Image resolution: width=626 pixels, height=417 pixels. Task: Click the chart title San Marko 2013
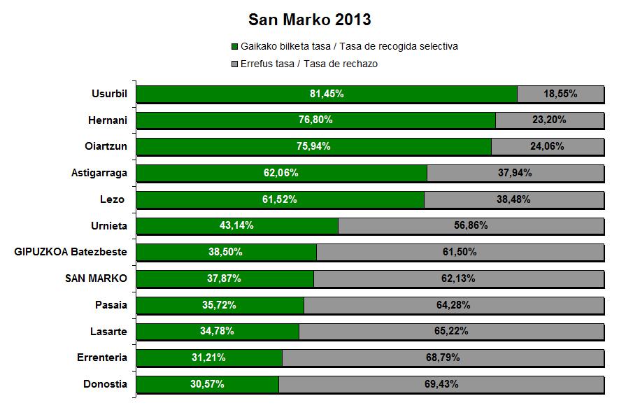click(310, 19)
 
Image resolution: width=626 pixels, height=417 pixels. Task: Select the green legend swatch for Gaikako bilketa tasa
click(234, 47)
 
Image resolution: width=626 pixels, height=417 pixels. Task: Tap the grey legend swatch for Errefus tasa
click(234, 64)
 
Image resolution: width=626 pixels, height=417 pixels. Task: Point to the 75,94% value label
click(314, 146)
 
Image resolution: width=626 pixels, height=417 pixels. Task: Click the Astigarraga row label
click(99, 173)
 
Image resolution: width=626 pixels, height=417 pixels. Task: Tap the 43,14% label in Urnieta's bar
click(237, 225)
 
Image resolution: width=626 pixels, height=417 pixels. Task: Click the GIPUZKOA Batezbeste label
click(71, 252)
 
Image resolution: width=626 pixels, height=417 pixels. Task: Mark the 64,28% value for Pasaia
click(453, 305)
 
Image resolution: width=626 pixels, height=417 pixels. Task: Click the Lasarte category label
click(108, 331)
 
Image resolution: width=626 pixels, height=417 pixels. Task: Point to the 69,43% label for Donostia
click(441, 384)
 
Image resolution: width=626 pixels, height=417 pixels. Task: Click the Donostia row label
click(106, 384)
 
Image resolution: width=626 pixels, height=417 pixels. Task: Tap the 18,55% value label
click(560, 94)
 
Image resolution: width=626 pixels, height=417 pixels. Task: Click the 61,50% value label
click(460, 252)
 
